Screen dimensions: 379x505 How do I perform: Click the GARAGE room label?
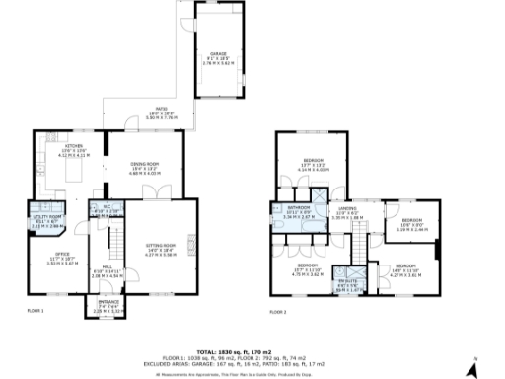click(x=218, y=56)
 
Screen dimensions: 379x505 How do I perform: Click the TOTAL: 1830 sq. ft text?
click(x=252, y=351)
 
